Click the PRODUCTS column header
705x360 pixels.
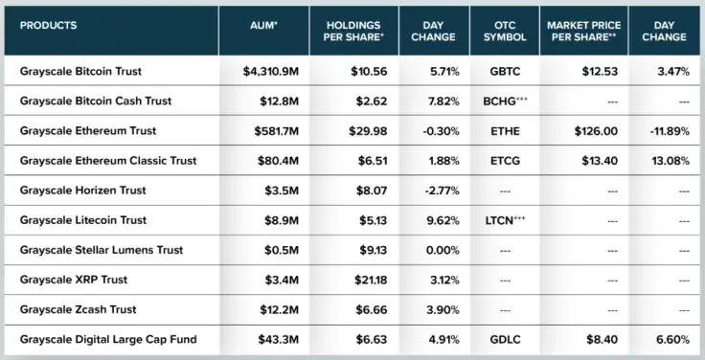[x=48, y=26]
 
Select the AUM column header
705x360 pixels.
[x=264, y=26]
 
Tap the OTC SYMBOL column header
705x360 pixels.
[x=505, y=31]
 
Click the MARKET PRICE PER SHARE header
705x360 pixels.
[x=583, y=31]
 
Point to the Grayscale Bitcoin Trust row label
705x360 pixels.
[x=80, y=71]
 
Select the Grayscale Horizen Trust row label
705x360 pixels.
[x=82, y=191]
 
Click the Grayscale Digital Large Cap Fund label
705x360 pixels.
[x=108, y=339]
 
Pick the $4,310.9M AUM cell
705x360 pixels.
[x=271, y=71]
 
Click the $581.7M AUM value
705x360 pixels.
[x=276, y=131]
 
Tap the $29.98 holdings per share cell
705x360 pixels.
[x=368, y=131]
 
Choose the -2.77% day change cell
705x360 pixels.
[x=442, y=191]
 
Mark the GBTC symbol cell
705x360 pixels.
[x=505, y=71]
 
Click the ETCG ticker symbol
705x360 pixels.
[x=505, y=161]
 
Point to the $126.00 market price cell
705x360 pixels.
[x=596, y=131]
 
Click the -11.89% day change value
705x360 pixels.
[x=670, y=131]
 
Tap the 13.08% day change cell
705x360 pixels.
[x=671, y=161]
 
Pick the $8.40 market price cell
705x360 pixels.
[x=603, y=339]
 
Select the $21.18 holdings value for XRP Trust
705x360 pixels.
[x=371, y=280]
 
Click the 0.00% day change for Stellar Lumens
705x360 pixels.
[x=443, y=250]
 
